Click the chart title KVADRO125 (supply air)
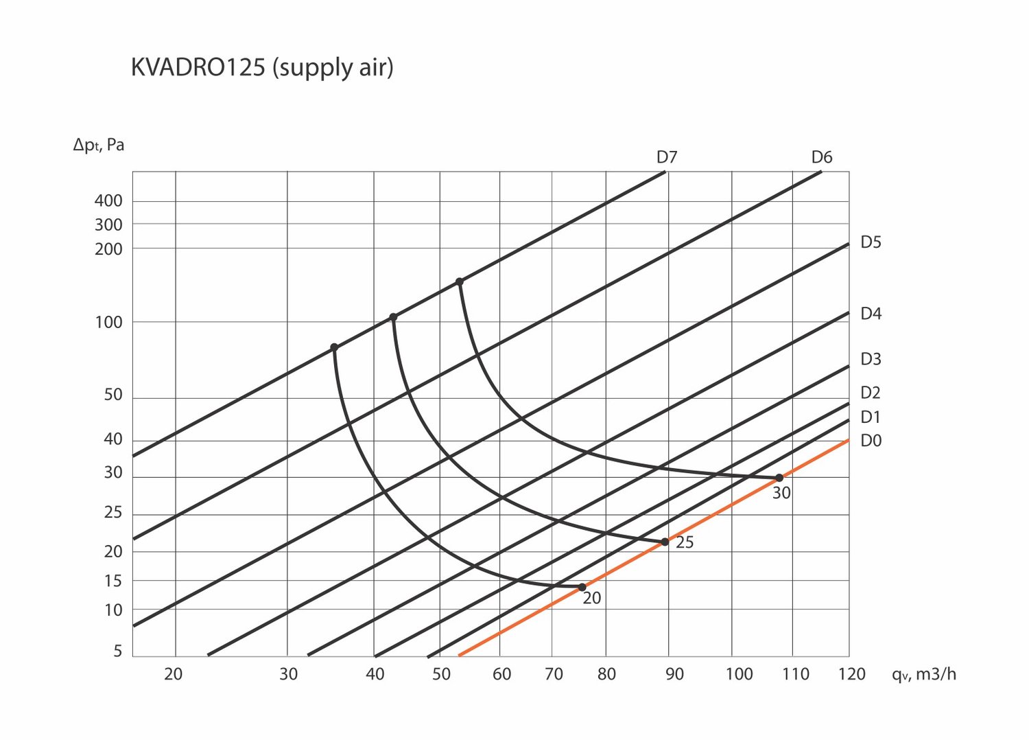pos(261,68)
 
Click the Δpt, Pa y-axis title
pos(99,145)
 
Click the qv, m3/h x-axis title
pos(923,674)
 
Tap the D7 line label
pos(666,157)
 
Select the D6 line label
pos(821,157)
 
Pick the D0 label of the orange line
pos(871,441)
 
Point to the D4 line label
pos(871,314)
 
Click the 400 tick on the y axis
pos(108,201)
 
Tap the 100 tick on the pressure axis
pos(108,322)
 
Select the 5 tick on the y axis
pos(118,651)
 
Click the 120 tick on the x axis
pos(851,674)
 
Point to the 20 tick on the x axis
pos(174,674)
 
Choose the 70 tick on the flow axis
pos(554,674)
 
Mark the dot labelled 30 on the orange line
pos(779,478)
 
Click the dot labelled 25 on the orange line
pos(665,542)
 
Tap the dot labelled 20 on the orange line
pos(582,587)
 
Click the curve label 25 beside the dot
pos(685,542)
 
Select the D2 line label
pos(871,393)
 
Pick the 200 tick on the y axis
pos(108,249)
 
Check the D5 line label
pos(871,242)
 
